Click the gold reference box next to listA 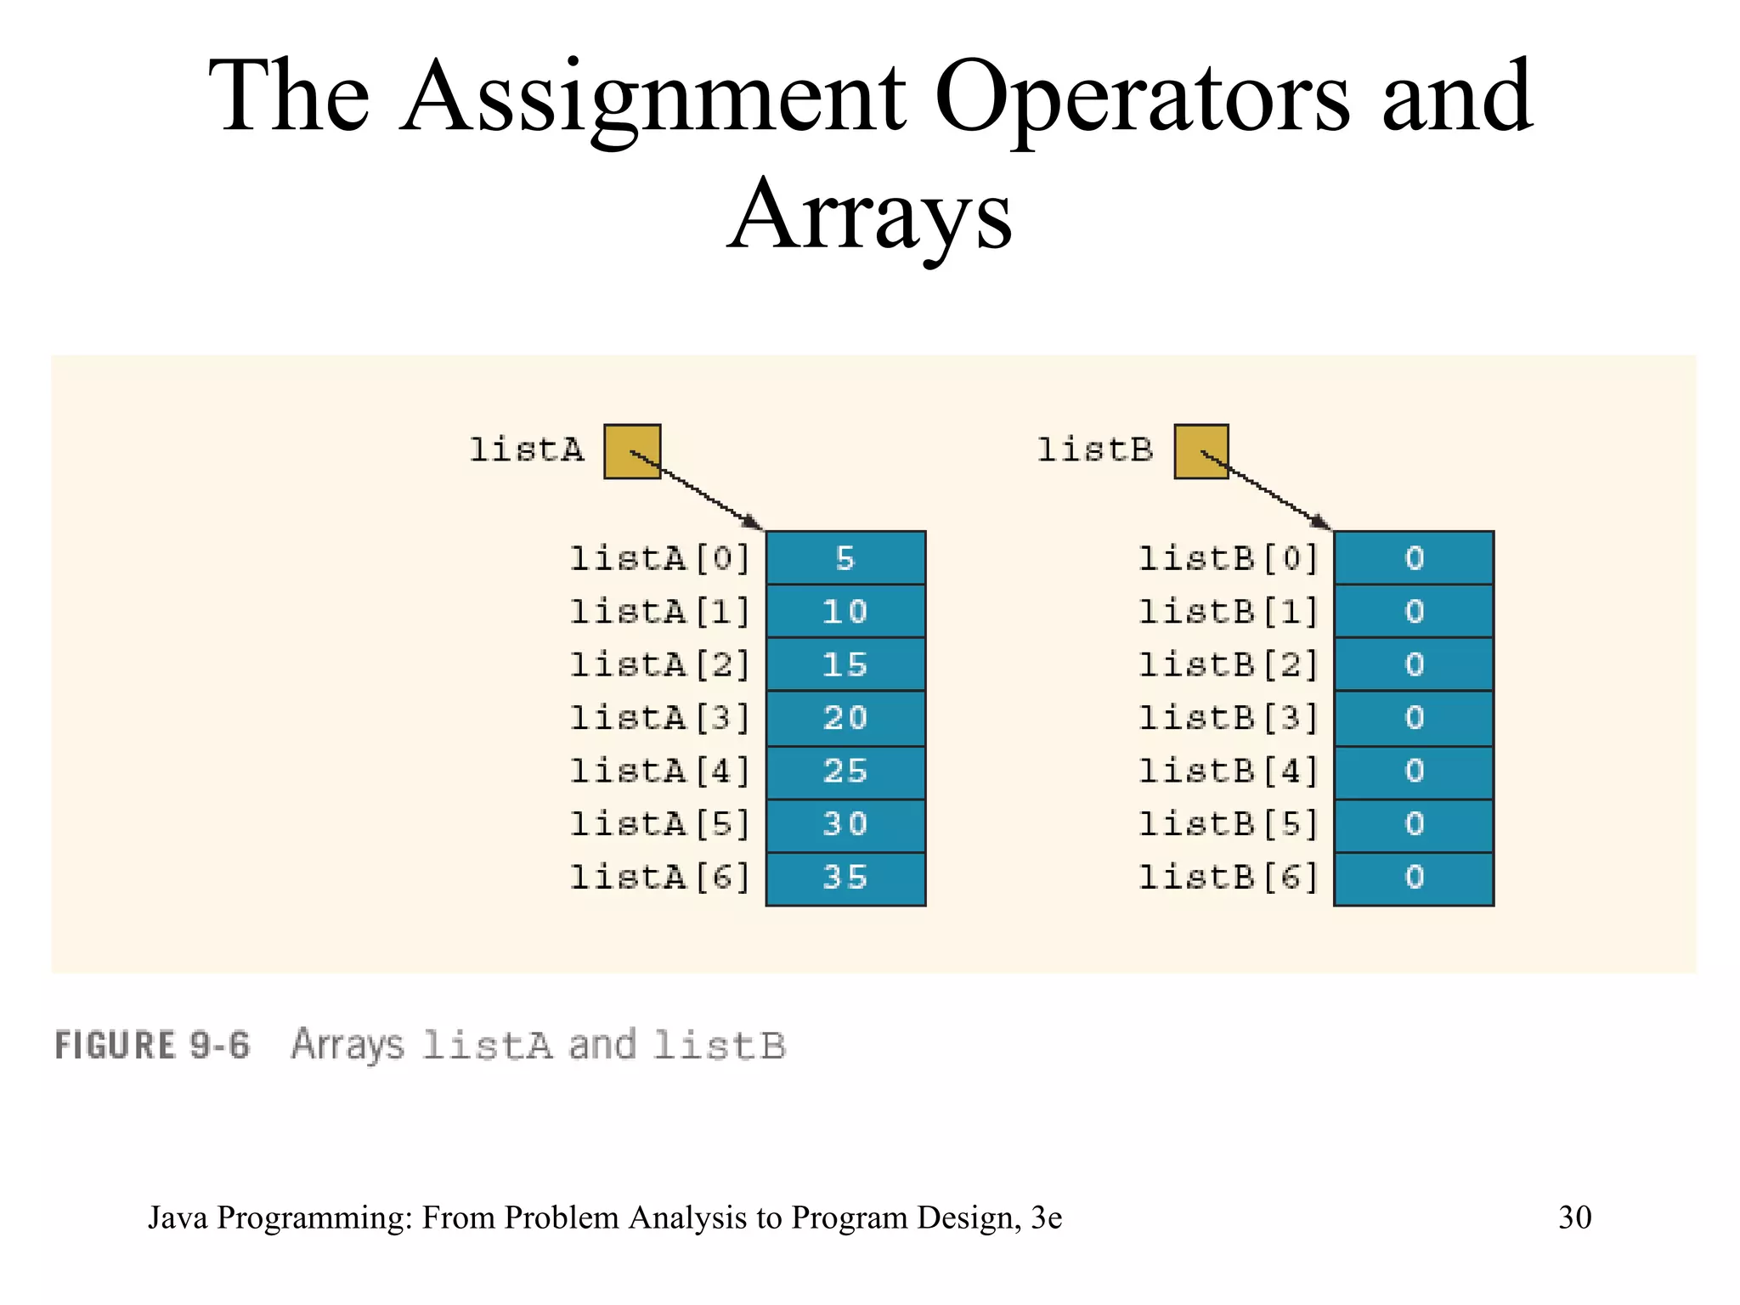[x=632, y=451]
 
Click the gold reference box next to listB [x=1201, y=451]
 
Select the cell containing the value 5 [x=845, y=558]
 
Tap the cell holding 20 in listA [x=845, y=718]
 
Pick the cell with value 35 [x=845, y=878]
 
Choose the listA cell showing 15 [x=845, y=664]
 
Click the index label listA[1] [x=660, y=612]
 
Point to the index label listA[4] [x=660, y=771]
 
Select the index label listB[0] [x=1229, y=558]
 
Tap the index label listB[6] [x=1229, y=878]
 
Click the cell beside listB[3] [x=1414, y=718]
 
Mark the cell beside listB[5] [x=1414, y=824]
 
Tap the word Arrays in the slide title [x=870, y=217]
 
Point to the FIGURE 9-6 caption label [x=153, y=1045]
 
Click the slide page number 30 [x=1574, y=1217]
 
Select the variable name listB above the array [x=1095, y=449]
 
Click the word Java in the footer [x=178, y=1217]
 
